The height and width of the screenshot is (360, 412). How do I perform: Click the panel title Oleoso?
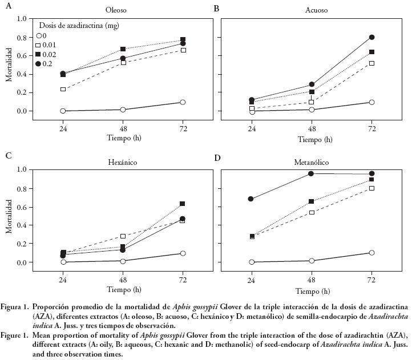(x=116, y=10)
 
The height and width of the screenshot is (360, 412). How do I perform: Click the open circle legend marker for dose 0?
(x=38, y=35)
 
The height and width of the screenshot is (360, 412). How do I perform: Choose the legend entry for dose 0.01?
(x=49, y=45)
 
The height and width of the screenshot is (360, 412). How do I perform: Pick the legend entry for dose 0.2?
(x=46, y=63)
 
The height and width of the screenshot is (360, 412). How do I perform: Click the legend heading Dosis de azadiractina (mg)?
(x=79, y=26)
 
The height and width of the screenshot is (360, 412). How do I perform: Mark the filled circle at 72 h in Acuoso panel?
(x=371, y=37)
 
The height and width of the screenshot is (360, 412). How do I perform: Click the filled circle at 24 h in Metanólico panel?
(x=251, y=199)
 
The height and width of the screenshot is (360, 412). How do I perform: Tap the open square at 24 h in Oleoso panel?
(x=63, y=90)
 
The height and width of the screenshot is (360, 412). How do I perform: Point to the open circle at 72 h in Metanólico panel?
(x=371, y=253)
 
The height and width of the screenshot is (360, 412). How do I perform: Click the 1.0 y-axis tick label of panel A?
(x=22, y=19)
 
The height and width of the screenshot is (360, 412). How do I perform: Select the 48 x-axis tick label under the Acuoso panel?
(x=312, y=129)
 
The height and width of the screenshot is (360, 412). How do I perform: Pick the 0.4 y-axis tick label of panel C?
(x=22, y=225)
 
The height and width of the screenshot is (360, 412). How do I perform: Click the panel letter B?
(x=216, y=9)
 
